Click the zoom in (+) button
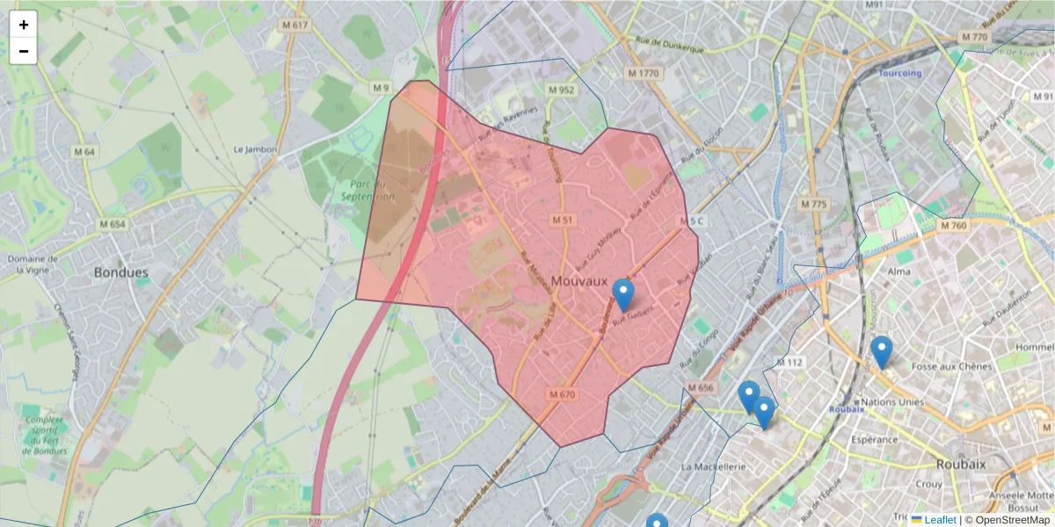[24, 25]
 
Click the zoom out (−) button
[24, 51]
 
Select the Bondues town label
[121, 272]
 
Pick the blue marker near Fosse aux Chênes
[881, 351]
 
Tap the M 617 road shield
[295, 25]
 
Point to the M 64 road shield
[84, 152]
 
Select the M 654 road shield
[112, 224]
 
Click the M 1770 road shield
[644, 73]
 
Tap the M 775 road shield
[814, 204]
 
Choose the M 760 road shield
[953, 226]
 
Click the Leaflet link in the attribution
[939, 520]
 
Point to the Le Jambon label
[255, 149]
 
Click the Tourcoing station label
[900, 73]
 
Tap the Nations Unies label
[891, 402]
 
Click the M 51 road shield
[563, 219]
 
